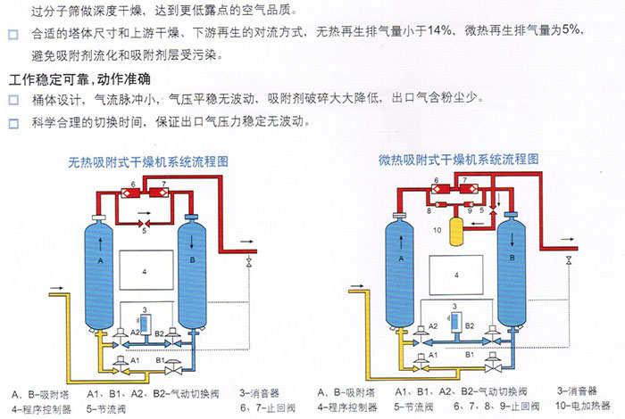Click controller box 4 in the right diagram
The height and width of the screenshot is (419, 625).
[x=455, y=275]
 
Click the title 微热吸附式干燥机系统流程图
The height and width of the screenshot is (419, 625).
[x=458, y=160]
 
